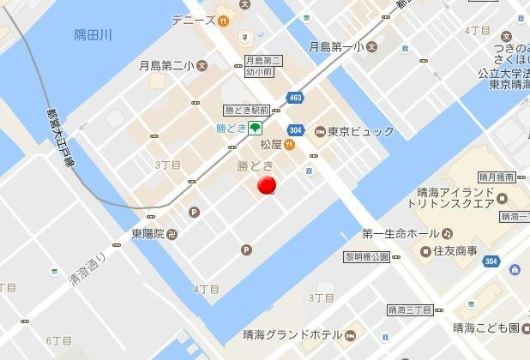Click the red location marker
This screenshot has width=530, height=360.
[x=267, y=185]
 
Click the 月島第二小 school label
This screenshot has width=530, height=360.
[x=168, y=65]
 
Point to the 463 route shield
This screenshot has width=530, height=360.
[x=296, y=98]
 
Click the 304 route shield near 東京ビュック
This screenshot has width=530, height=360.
[x=295, y=130]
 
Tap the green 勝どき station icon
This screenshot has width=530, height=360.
[x=256, y=129]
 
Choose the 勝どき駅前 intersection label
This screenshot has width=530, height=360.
[x=248, y=111]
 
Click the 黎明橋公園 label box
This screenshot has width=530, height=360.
[x=366, y=256]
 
